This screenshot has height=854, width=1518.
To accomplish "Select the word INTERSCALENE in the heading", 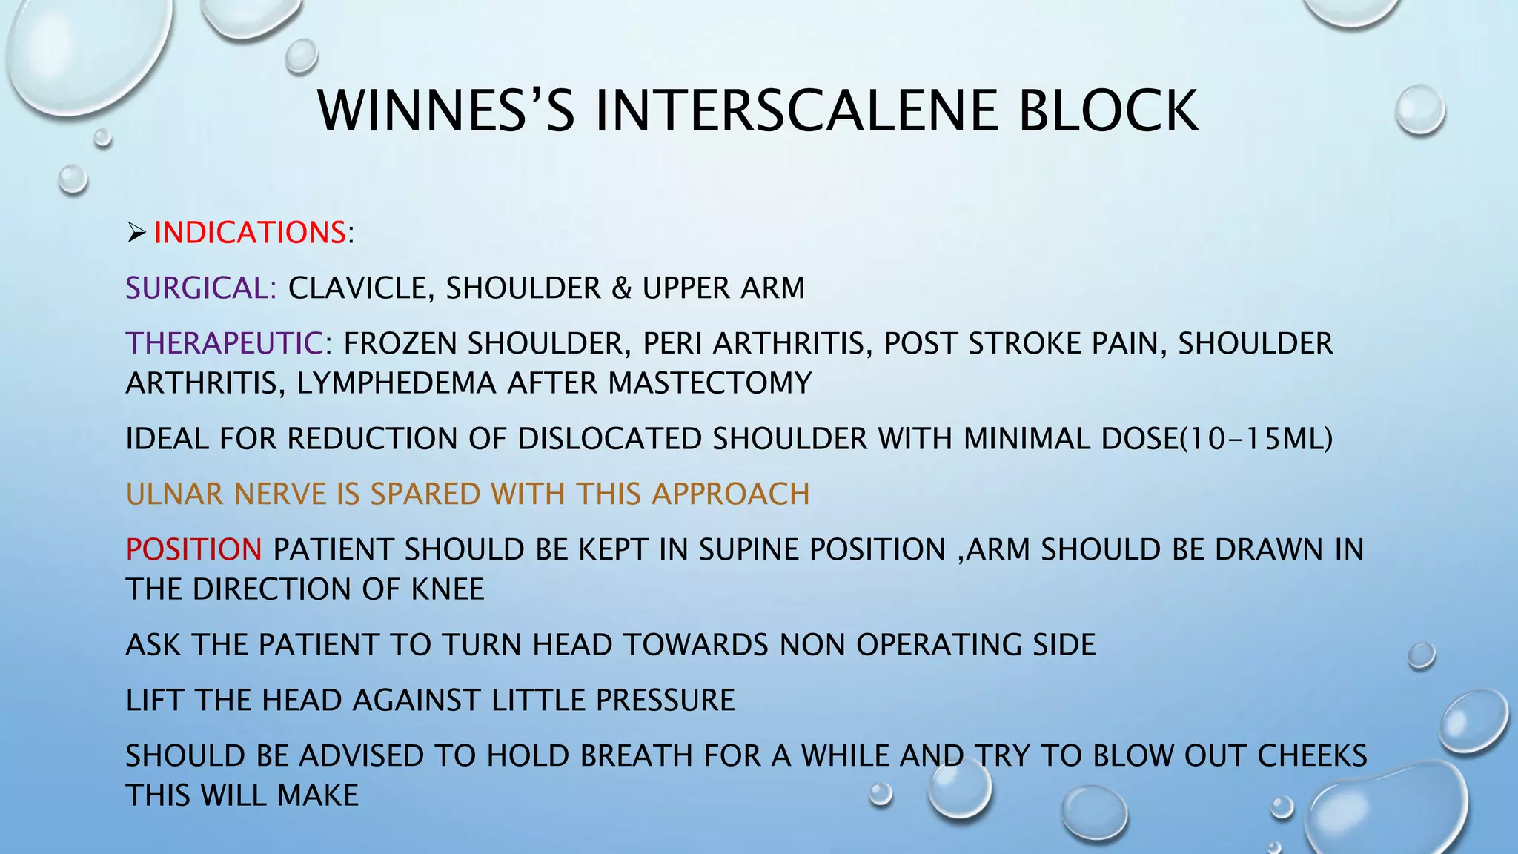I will point(796,111).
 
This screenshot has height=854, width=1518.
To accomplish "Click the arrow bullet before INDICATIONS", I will point(136,234).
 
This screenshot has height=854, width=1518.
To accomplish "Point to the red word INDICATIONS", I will point(250,233).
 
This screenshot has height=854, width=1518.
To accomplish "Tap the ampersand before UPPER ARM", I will point(621,288).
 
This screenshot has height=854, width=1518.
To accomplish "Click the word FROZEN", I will point(400,344).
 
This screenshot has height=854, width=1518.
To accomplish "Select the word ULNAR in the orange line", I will point(175,494).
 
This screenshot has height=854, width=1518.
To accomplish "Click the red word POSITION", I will point(193,550).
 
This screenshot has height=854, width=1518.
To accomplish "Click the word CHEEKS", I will point(1312,756).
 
